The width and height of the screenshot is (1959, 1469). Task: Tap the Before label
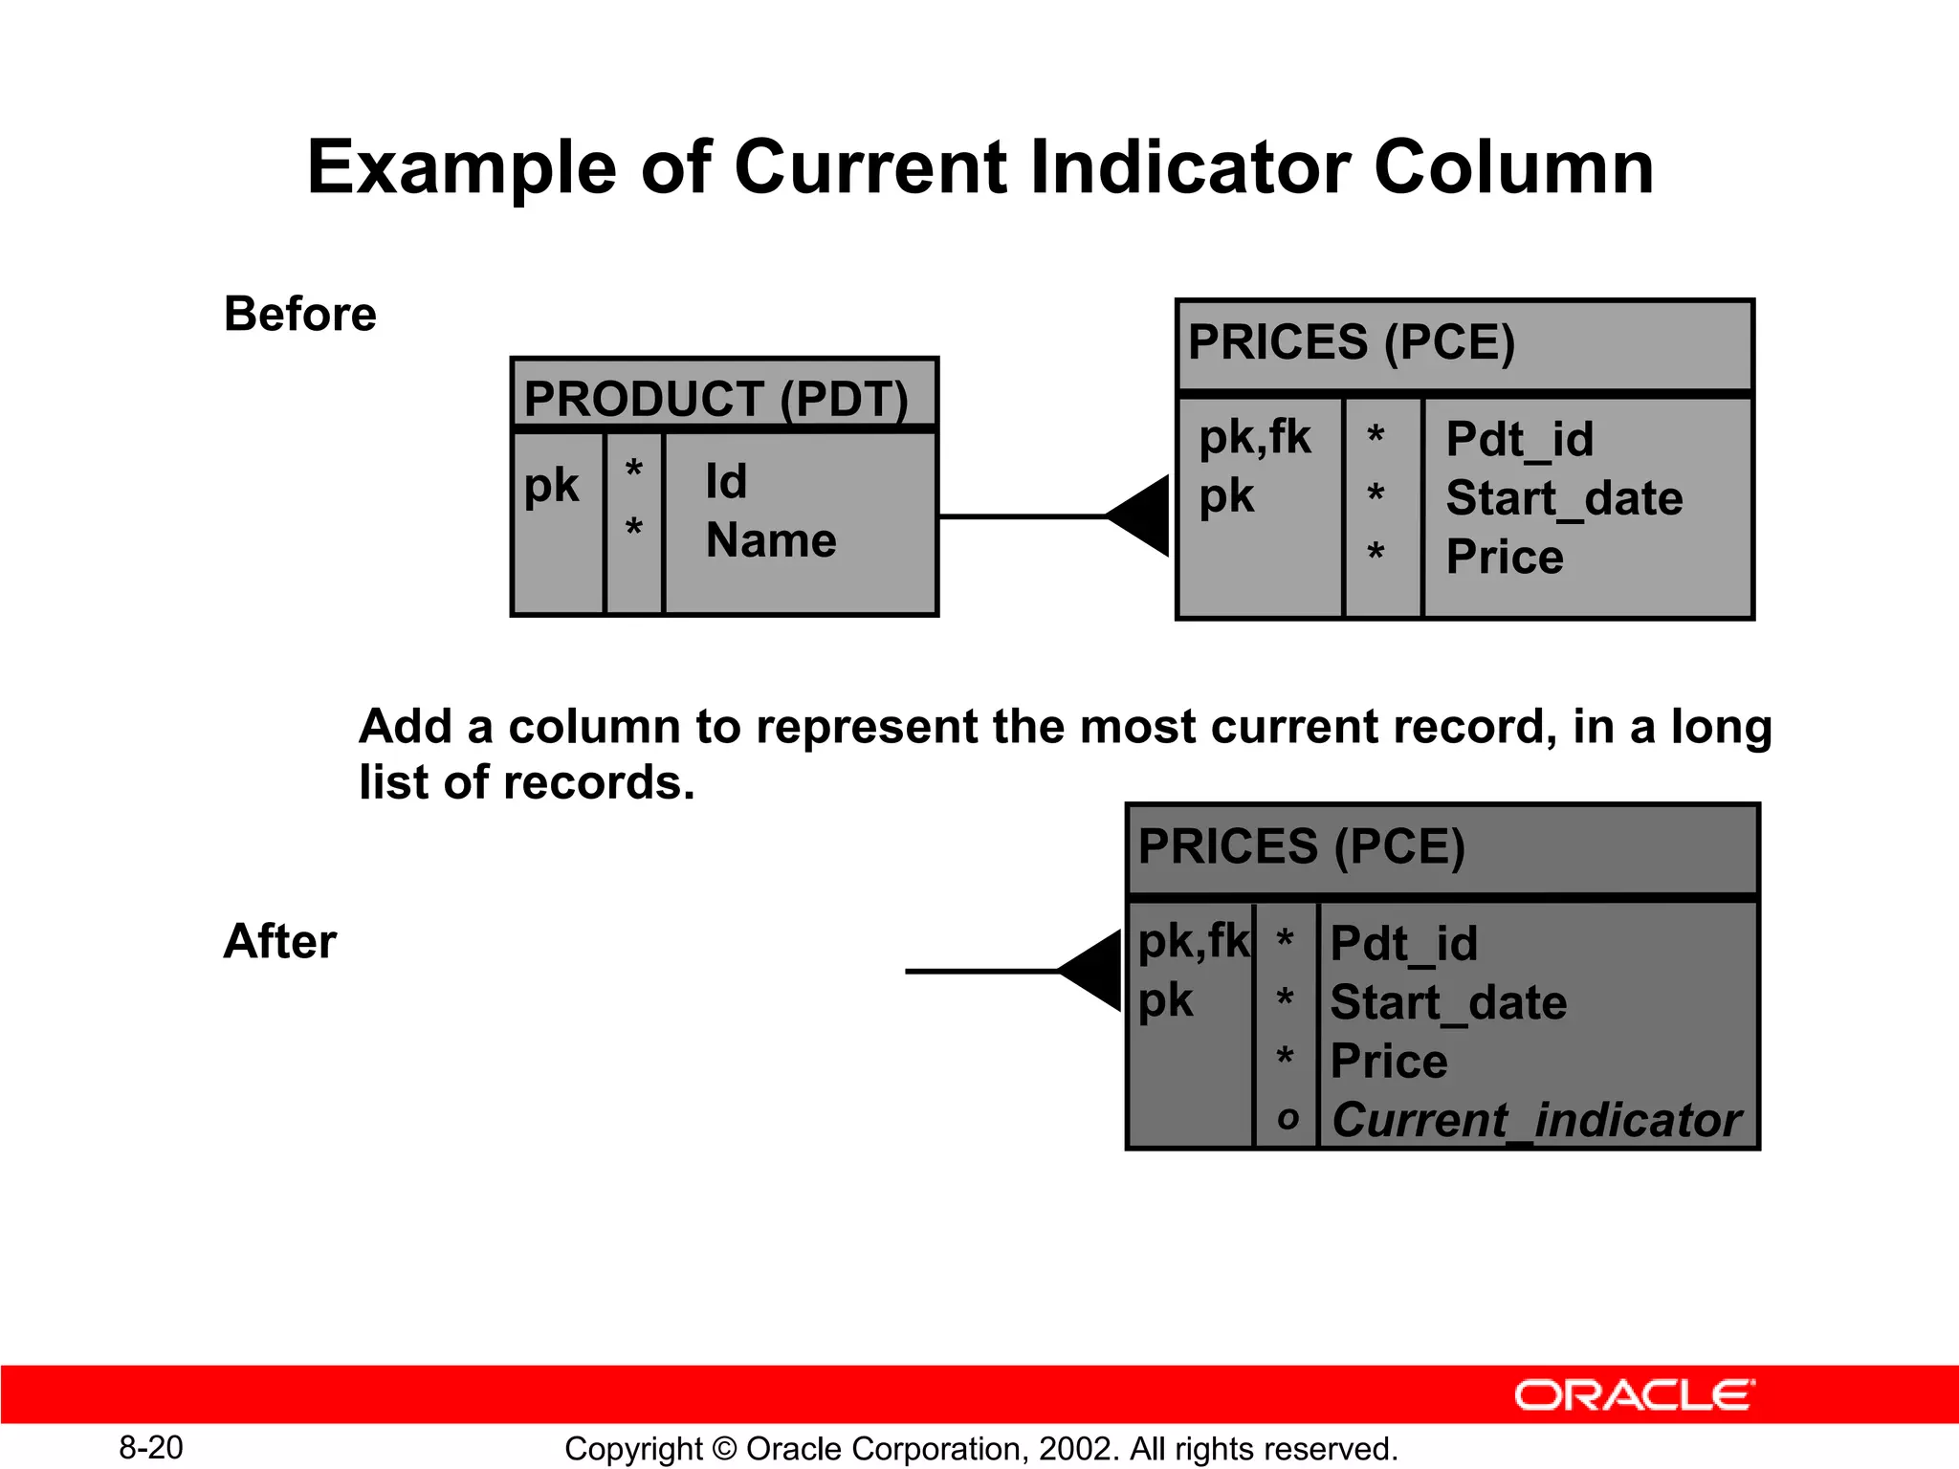tap(299, 315)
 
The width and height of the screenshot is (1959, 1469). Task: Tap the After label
tap(279, 941)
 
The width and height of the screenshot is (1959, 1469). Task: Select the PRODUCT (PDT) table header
tap(715, 399)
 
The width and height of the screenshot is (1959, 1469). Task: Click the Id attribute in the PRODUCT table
tap(726, 481)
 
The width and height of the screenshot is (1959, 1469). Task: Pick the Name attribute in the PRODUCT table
tap(770, 540)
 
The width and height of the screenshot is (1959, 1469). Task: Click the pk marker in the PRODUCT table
tap(551, 486)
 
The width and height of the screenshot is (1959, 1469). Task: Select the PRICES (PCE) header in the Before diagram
tap(1351, 342)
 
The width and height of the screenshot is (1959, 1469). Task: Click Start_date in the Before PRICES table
tap(1563, 498)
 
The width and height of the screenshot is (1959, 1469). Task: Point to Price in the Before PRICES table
tap(1504, 557)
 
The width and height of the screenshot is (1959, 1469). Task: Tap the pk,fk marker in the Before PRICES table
tap(1254, 438)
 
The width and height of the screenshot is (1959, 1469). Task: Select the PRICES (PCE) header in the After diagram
tap(1301, 846)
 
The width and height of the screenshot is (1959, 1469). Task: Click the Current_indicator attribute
tap(1536, 1120)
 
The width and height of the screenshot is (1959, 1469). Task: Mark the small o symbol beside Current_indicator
tap(1288, 1117)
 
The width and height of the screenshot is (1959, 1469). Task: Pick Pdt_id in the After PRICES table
tap(1403, 944)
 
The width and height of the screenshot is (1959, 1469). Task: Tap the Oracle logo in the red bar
tap(1634, 1395)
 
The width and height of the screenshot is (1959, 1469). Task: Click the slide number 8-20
tap(151, 1448)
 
